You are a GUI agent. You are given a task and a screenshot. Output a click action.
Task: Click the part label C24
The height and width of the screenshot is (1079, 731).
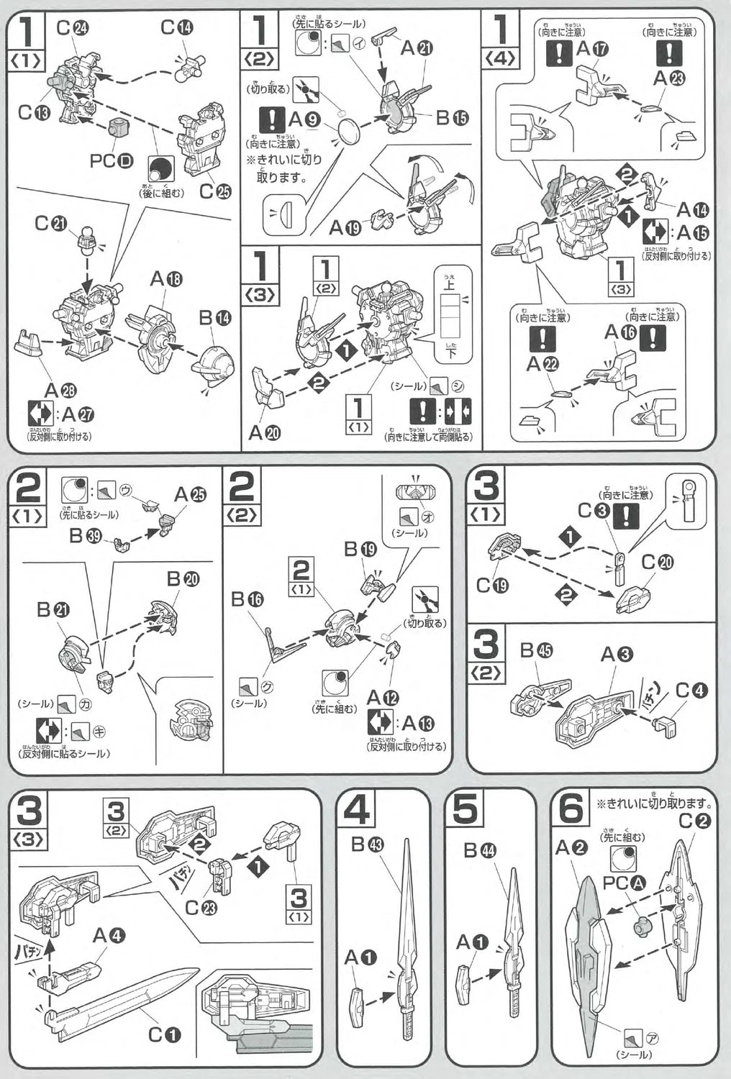click(x=72, y=28)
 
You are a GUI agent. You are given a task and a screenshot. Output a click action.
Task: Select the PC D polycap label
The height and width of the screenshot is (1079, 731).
click(x=112, y=160)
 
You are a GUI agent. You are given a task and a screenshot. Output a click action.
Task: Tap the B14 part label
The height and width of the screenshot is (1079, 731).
click(x=214, y=317)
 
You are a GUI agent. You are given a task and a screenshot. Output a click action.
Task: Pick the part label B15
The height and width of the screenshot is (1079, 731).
click(x=452, y=118)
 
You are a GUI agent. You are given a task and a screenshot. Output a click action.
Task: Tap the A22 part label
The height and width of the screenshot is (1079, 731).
click(x=542, y=365)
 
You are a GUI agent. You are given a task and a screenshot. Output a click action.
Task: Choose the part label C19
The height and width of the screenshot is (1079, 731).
click(x=492, y=586)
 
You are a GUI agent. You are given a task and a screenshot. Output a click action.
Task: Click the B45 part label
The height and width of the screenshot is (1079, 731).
click(x=536, y=650)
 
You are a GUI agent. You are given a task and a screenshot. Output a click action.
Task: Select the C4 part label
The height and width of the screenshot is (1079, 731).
click(x=691, y=691)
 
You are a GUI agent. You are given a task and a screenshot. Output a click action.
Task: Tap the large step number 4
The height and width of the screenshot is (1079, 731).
click(x=357, y=811)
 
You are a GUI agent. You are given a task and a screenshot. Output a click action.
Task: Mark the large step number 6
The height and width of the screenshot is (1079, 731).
click(x=571, y=811)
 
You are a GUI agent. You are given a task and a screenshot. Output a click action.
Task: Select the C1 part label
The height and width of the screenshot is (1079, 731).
click(x=165, y=1034)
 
